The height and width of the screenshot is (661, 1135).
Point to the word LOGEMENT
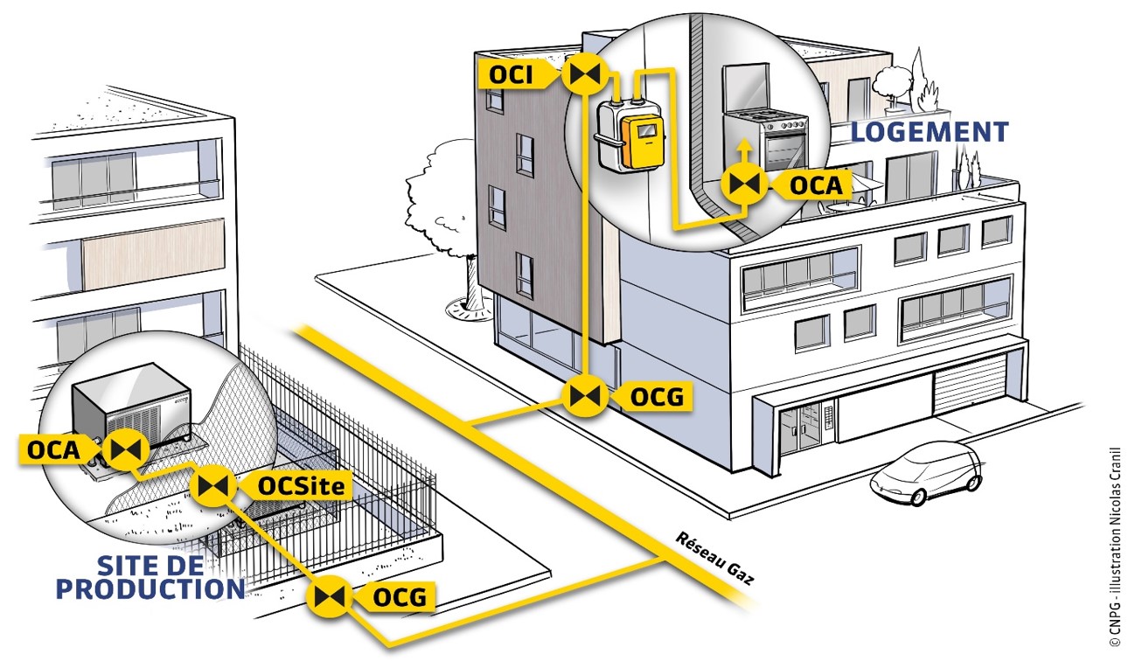(930, 132)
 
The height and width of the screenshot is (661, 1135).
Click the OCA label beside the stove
(815, 184)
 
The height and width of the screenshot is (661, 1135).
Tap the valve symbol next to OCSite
(212, 485)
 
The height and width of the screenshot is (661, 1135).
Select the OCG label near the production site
(400, 598)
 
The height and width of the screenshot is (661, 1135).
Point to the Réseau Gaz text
(715, 558)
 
